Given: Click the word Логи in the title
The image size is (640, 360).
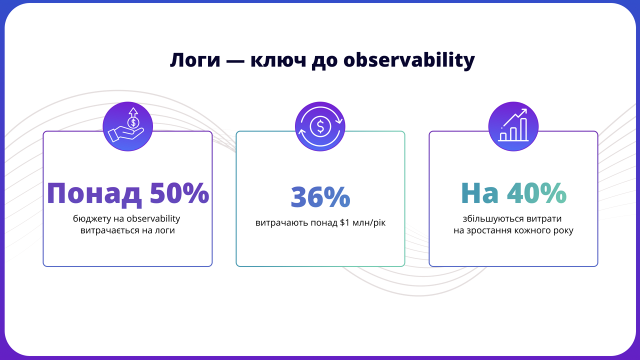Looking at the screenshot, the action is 195,60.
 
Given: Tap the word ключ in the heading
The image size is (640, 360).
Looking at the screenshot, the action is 278,60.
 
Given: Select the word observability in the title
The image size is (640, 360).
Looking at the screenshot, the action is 409,60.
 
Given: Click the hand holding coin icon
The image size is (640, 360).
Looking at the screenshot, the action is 127,126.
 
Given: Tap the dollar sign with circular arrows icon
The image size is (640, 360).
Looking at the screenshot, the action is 320,126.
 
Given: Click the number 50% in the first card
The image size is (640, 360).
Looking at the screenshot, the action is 179,193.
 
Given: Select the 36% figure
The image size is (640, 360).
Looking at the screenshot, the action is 320,196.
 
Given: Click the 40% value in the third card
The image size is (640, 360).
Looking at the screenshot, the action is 536,193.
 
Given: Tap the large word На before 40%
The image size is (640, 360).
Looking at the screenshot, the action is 479,193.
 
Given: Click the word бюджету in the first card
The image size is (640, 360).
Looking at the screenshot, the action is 92,219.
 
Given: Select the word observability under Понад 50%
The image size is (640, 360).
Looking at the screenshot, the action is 153,219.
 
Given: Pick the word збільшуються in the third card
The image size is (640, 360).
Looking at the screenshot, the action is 493,219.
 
